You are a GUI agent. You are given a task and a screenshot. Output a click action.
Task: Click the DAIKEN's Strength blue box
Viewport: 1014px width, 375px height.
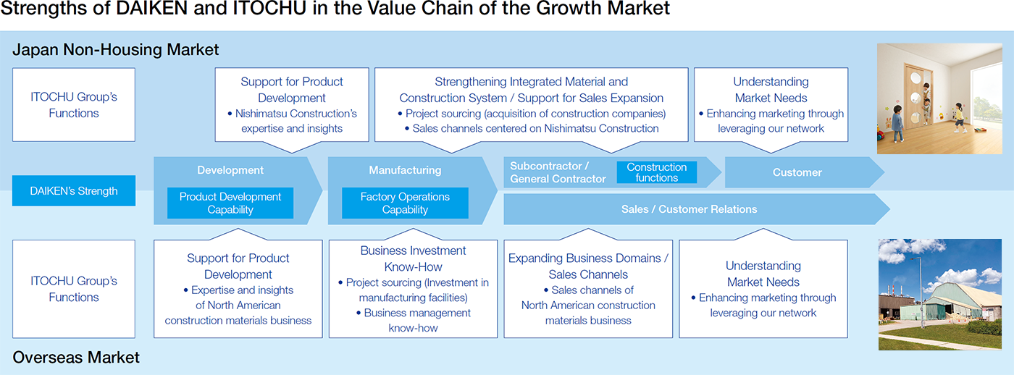[74, 190]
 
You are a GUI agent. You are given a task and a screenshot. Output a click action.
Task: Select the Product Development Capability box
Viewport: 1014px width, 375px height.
[230, 203]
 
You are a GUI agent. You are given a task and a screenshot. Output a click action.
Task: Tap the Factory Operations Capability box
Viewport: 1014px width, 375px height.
[405, 203]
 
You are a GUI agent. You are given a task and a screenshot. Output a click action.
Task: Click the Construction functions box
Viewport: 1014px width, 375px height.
[656, 172]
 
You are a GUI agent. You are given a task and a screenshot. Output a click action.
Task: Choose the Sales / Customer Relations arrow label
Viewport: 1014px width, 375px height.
[689, 209]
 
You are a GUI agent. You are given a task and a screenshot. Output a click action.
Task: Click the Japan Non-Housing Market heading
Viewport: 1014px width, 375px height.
[115, 49]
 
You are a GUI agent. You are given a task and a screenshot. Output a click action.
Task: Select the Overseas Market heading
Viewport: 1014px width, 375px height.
[76, 358]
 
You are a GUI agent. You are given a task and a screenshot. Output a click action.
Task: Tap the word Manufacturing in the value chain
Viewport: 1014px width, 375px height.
[405, 170]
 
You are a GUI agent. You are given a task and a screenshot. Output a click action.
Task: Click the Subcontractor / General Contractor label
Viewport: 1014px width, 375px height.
[558, 172]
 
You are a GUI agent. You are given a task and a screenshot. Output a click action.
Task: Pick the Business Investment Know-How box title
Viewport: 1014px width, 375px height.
[413, 258]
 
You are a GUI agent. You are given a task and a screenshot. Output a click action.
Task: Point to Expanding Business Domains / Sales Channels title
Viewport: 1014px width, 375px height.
[588, 266]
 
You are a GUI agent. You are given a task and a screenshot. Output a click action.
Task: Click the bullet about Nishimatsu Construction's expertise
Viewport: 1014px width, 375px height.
[292, 121]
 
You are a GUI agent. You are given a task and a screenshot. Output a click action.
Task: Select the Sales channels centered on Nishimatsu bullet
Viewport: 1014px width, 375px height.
[532, 128]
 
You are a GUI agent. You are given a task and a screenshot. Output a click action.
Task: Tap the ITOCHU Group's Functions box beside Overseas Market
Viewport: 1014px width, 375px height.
[74, 289]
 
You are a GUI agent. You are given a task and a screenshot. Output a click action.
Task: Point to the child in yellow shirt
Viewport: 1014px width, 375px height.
[959, 118]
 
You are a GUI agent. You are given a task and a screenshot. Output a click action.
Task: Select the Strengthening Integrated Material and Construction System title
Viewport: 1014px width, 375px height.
[532, 90]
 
